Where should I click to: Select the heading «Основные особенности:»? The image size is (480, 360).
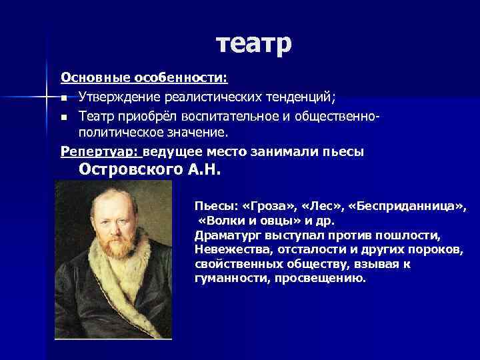click(x=145, y=78)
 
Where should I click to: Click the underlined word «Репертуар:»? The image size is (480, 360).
click(x=100, y=152)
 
